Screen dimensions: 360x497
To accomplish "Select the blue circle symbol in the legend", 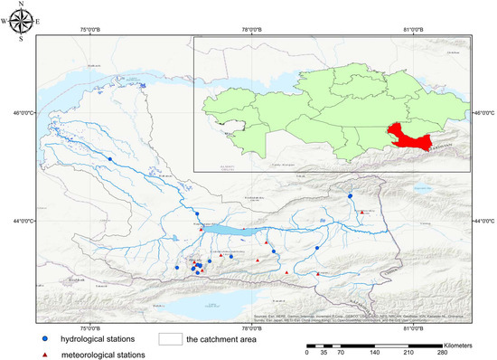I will pyautogui.click(x=44, y=338).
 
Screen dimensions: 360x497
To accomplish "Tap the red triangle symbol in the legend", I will pyautogui.click(x=44, y=354).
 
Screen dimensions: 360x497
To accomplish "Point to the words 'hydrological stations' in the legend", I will pyautogui.click(x=98, y=338).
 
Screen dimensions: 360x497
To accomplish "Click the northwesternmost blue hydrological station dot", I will pyautogui.click(x=110, y=158).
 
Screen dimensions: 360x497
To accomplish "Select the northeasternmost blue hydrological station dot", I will pyautogui.click(x=350, y=195).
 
